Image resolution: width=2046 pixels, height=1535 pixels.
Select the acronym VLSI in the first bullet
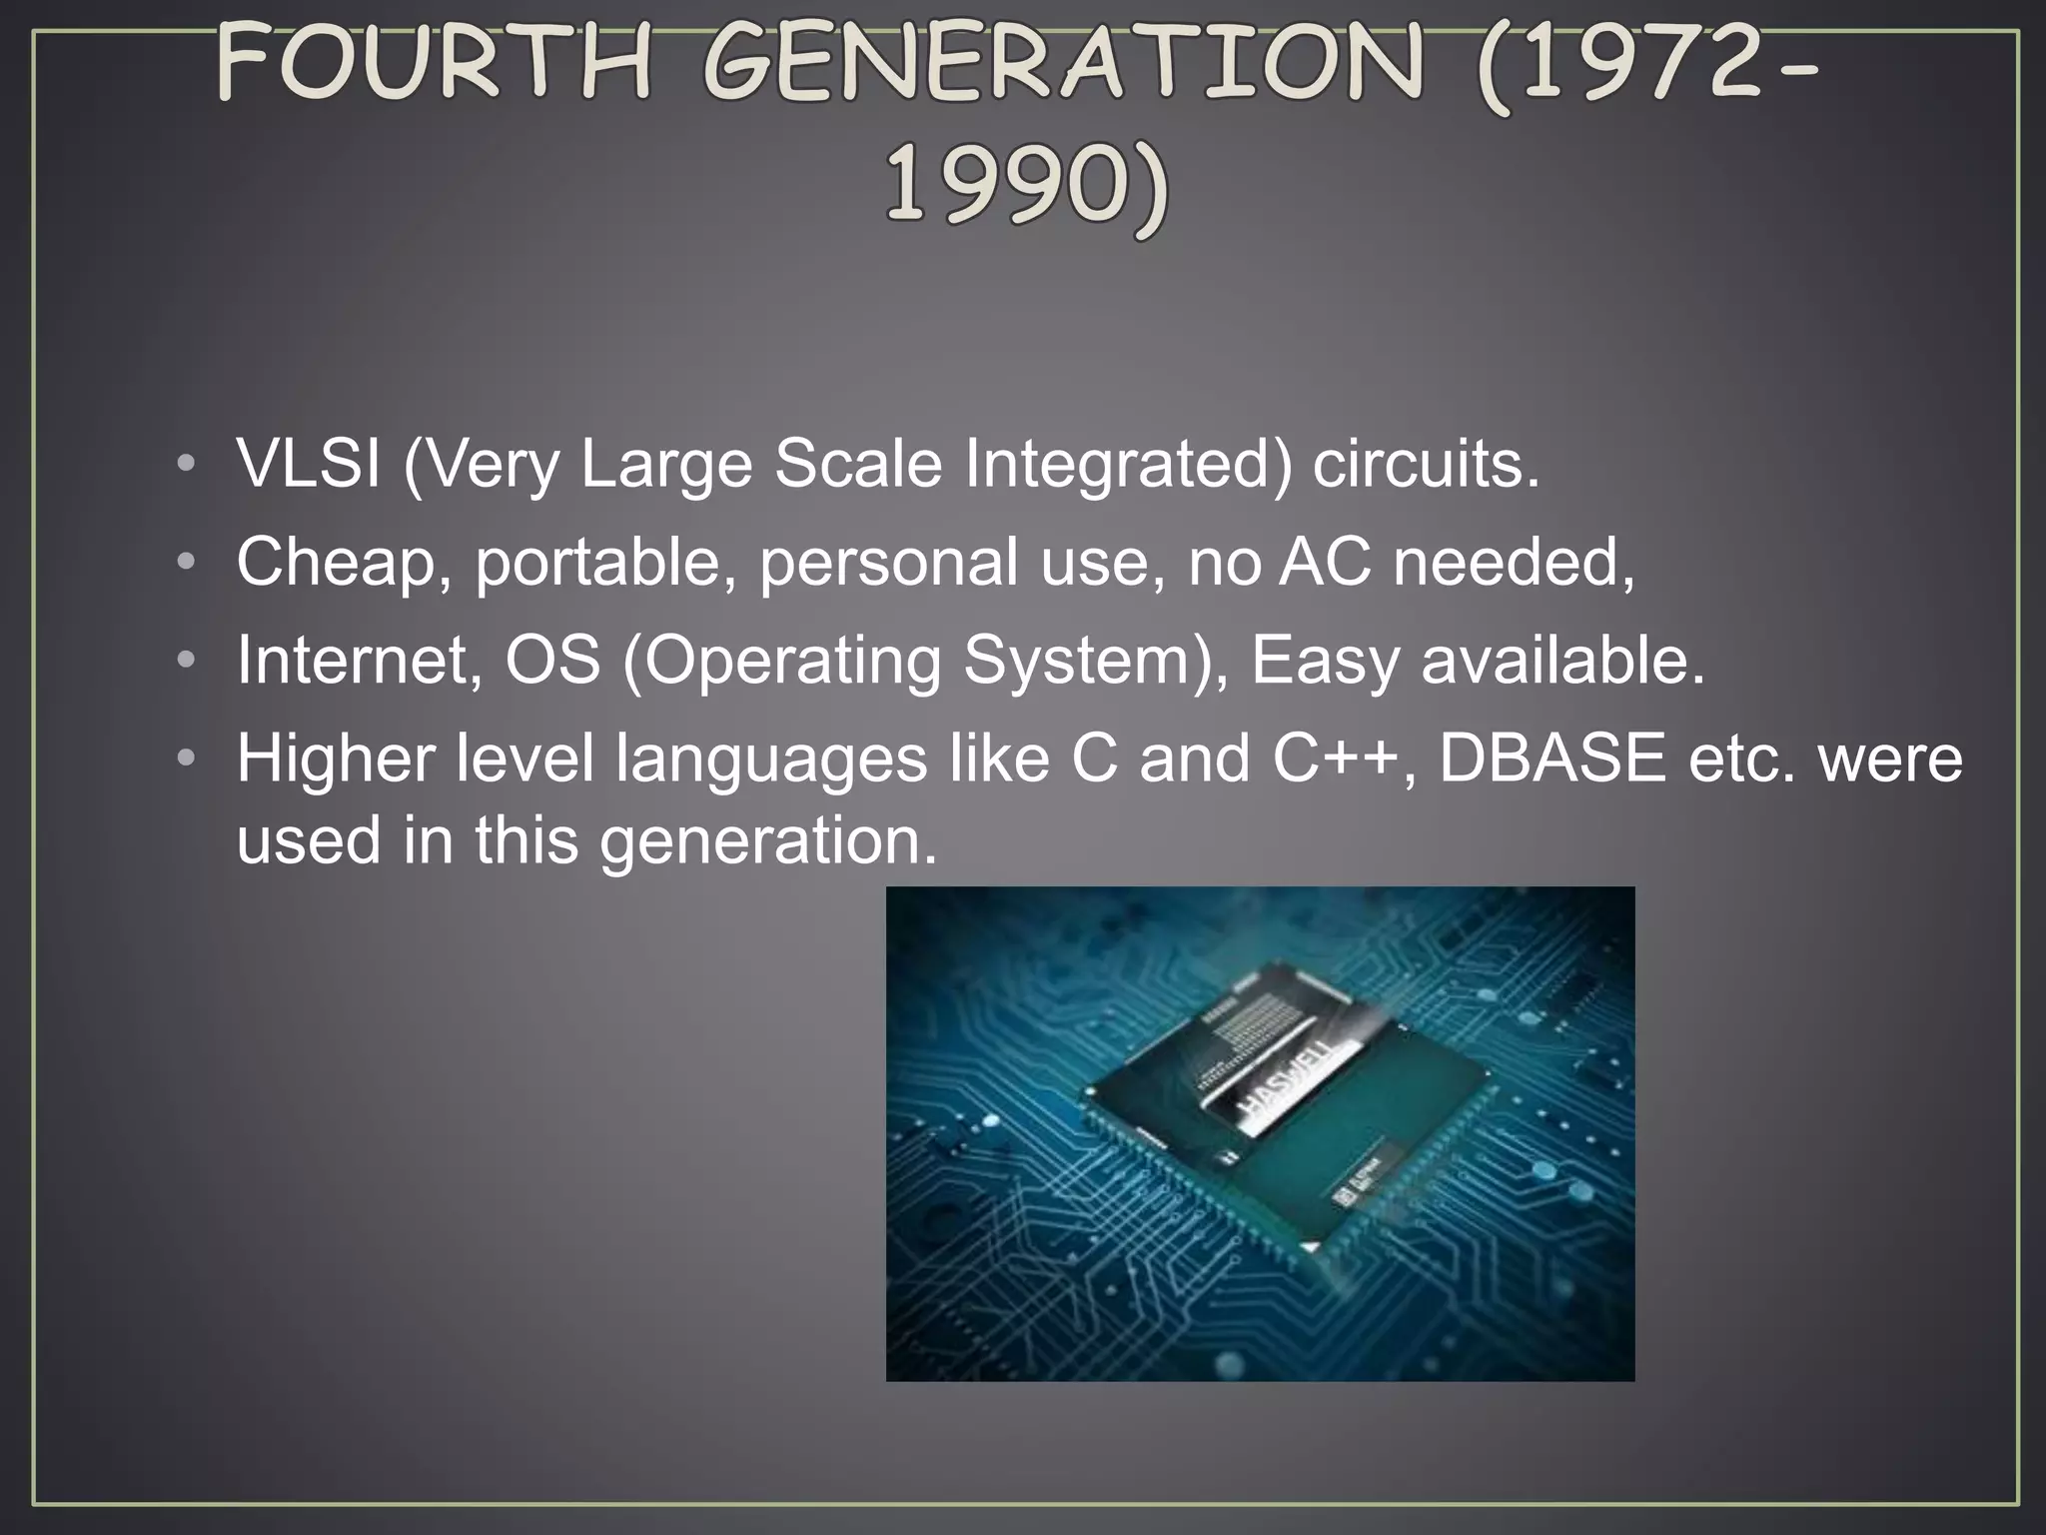(x=308, y=465)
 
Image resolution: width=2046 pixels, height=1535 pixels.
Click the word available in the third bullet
(x=1562, y=660)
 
